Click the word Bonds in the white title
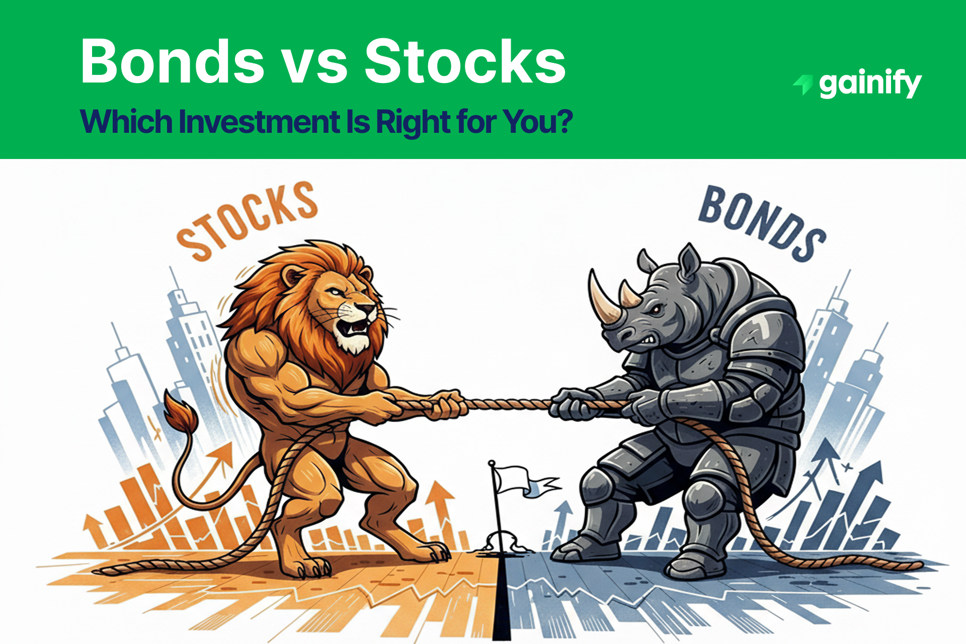point(172,61)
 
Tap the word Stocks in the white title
point(465,61)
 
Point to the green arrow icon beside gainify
point(803,84)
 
